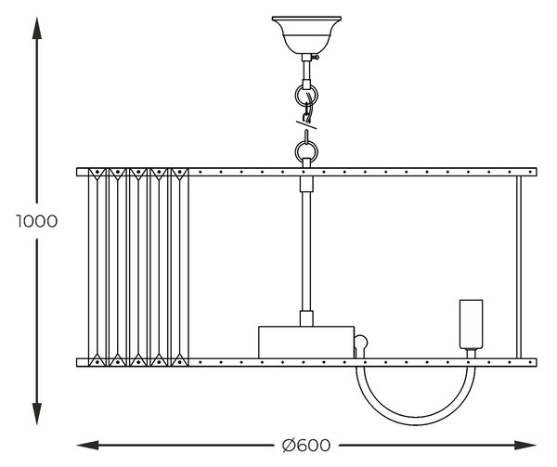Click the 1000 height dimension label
tap(37, 221)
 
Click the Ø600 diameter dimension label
tap(306, 445)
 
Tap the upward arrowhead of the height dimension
tap(37, 28)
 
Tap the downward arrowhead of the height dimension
tap(37, 414)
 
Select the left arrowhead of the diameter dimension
tap(88, 445)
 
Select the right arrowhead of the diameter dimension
tap(525, 445)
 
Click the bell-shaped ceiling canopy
tap(306, 34)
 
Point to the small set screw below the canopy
tap(315, 57)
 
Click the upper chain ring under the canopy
tap(306, 96)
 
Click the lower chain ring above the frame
tap(306, 152)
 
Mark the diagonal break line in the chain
tap(306, 124)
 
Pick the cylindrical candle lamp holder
tap(471, 324)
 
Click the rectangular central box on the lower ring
tap(306, 343)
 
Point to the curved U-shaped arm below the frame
tap(416, 422)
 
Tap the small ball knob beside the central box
tap(361, 342)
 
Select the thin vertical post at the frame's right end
tap(519, 267)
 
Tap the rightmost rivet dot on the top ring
tap(530, 173)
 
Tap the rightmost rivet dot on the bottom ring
tap(530, 363)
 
